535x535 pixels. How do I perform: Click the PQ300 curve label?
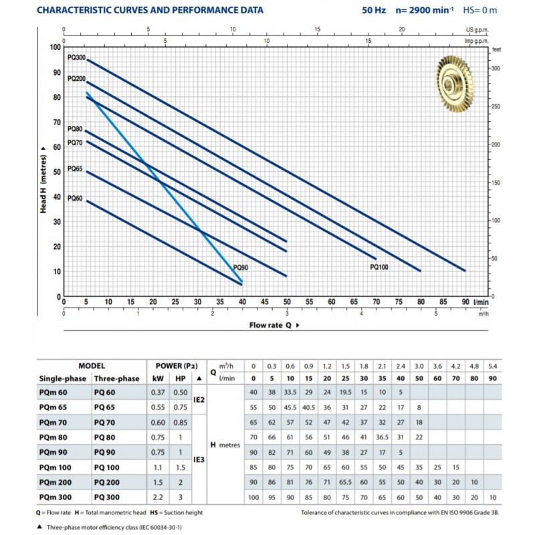point(76,58)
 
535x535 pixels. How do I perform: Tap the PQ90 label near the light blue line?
point(241,267)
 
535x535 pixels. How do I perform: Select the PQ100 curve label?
point(379,267)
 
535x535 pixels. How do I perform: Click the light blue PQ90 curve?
point(165,187)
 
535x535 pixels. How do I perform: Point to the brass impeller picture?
point(455,84)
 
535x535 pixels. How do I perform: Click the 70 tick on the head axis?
point(57,122)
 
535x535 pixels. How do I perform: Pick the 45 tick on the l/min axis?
point(264,302)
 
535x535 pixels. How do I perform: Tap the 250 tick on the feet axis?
point(496,106)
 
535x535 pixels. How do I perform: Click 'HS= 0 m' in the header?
point(480,10)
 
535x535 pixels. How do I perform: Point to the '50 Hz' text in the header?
point(374,10)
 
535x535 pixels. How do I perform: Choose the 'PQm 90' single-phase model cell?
point(53,452)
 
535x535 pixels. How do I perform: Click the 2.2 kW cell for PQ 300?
point(158,497)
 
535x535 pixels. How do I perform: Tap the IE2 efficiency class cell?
point(199,399)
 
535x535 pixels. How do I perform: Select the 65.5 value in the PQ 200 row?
point(345,482)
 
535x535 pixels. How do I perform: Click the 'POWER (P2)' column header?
point(177,366)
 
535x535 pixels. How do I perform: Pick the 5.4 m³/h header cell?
point(493,366)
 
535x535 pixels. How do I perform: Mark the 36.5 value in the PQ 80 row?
point(382,437)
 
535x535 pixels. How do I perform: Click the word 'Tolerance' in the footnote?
point(312,512)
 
